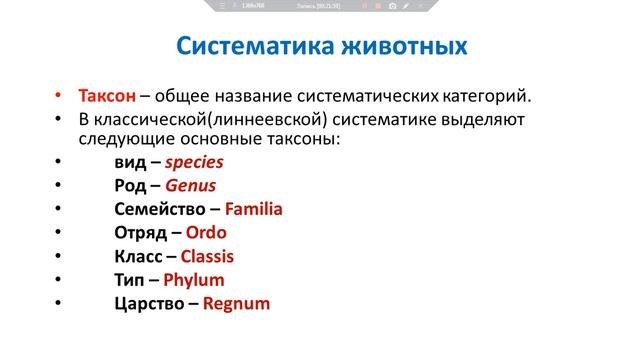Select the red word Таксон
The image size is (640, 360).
108,97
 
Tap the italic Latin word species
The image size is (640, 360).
194,162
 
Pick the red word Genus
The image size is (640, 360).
191,186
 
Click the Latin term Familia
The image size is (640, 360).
254,210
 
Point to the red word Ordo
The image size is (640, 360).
206,233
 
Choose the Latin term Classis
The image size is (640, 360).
207,257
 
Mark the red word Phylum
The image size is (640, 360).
193,281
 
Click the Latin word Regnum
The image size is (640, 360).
236,305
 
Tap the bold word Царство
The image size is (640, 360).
149,305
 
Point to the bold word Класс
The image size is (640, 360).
138,257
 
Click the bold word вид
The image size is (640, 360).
130,162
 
